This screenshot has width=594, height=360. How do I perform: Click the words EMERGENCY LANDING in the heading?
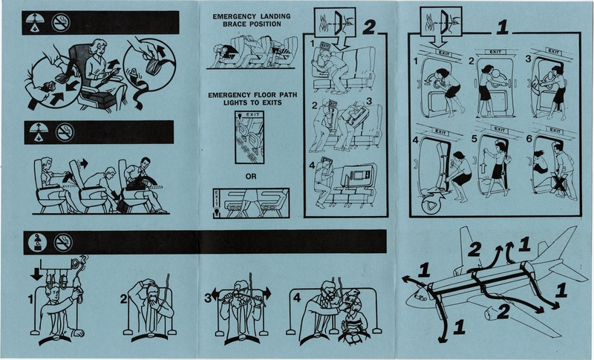[251, 15]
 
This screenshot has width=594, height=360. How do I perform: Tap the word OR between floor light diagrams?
[251, 176]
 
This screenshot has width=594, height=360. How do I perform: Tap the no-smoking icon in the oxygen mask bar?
[58, 240]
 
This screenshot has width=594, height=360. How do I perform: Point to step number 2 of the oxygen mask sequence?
[124, 301]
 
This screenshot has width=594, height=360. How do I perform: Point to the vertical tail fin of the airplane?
[466, 245]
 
